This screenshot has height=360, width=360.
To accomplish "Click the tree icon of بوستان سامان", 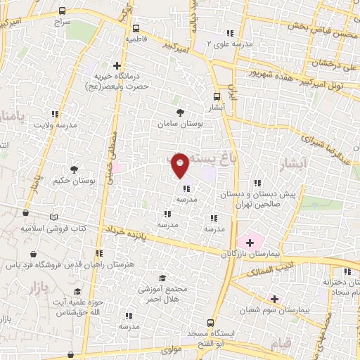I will (181, 112).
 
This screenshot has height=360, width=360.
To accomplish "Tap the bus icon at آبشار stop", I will (217, 98).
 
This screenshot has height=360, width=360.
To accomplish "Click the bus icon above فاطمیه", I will (135, 29).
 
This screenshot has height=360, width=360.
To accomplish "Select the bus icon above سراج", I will (63, 11).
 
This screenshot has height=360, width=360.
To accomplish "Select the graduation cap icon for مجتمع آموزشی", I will (162, 278).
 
